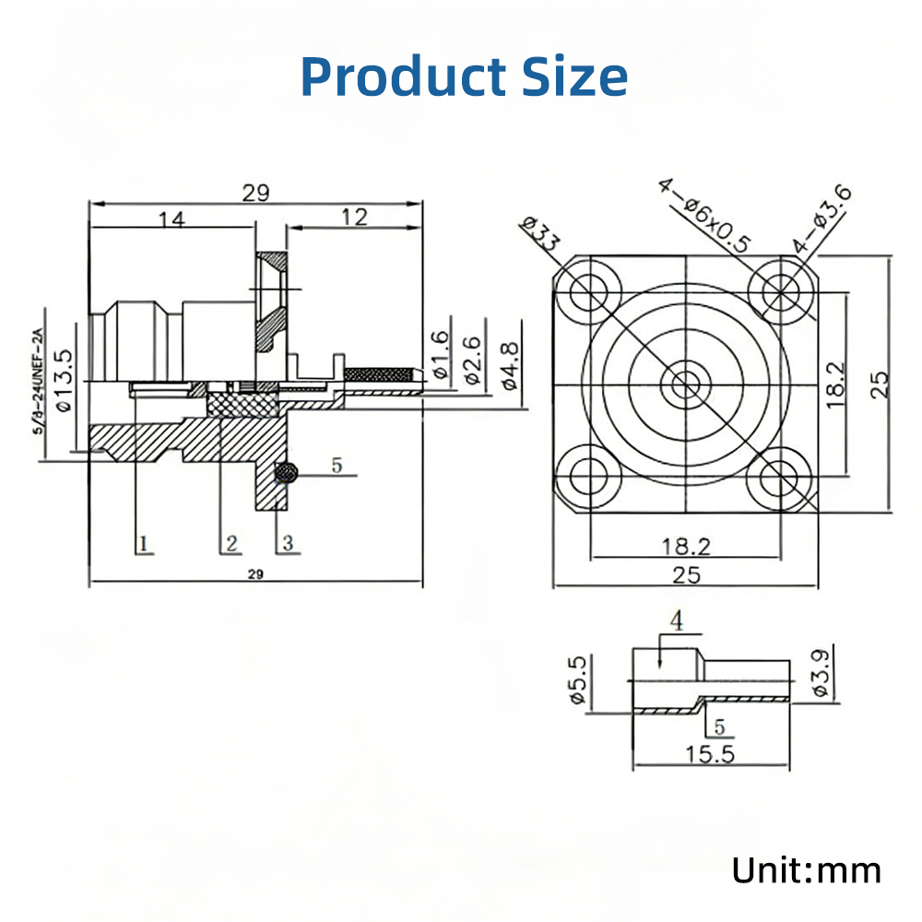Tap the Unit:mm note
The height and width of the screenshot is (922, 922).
point(806,869)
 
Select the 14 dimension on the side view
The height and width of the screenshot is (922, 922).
point(171,219)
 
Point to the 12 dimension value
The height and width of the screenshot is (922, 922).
point(354,217)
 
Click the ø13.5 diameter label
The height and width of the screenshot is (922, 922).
point(64,379)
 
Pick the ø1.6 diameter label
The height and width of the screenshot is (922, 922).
point(441,356)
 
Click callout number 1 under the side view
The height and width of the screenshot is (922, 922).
point(143,543)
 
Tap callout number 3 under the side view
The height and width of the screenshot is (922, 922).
point(288,543)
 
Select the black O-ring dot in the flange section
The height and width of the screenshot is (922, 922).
point(289,473)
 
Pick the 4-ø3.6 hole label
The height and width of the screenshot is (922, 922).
point(823,220)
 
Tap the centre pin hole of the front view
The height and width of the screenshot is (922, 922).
point(685,383)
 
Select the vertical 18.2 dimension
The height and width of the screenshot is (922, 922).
point(835,384)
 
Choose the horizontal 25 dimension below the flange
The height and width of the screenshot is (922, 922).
point(686,574)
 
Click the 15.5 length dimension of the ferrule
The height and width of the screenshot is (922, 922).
point(710,754)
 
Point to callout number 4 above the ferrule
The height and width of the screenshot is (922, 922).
point(676,622)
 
